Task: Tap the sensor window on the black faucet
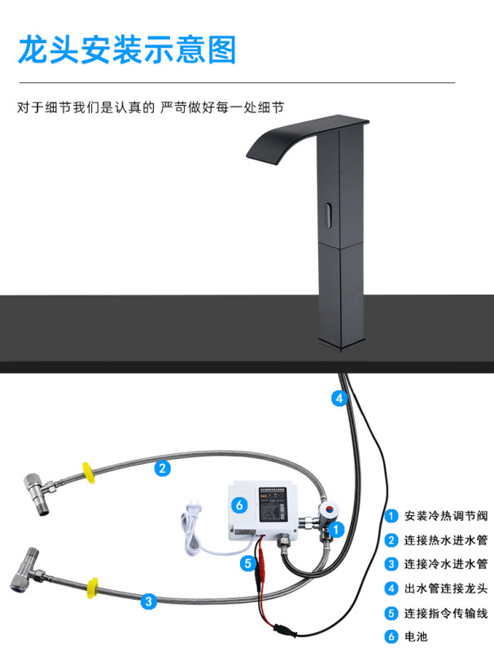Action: (327, 214)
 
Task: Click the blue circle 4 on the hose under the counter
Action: (339, 399)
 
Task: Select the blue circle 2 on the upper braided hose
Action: (163, 468)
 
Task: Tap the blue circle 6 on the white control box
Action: (238, 505)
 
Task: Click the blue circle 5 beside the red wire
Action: (247, 562)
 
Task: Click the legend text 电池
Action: (416, 636)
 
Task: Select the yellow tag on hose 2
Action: (86, 471)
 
